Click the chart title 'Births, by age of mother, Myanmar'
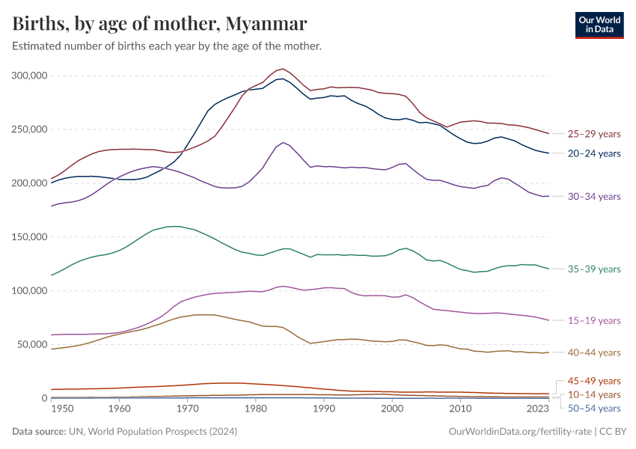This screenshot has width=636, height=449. pyautogui.click(x=159, y=24)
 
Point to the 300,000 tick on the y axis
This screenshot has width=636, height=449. pyautogui.click(x=31, y=76)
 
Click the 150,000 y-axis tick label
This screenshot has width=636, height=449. pyautogui.click(x=31, y=237)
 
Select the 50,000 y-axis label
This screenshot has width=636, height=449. pyautogui.click(x=33, y=345)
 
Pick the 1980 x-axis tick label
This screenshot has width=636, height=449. pyautogui.click(x=256, y=409)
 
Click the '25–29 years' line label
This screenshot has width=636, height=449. pyautogui.click(x=594, y=134)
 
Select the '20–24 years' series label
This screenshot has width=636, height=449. pyautogui.click(x=594, y=153)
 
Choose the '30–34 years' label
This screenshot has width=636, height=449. pyautogui.click(x=594, y=196)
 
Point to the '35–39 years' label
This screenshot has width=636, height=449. pyautogui.click(x=594, y=269)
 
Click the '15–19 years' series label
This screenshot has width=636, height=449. pyautogui.click(x=594, y=320)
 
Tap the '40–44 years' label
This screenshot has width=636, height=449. pyautogui.click(x=594, y=352)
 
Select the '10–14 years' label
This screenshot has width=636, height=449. pyautogui.click(x=594, y=394)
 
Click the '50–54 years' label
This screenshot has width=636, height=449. pyautogui.click(x=594, y=408)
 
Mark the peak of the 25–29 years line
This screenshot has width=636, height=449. pyautogui.click(x=283, y=69)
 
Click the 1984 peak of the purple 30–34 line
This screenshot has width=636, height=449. pyautogui.click(x=283, y=142)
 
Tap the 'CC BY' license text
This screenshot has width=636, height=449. pyautogui.click(x=614, y=432)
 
